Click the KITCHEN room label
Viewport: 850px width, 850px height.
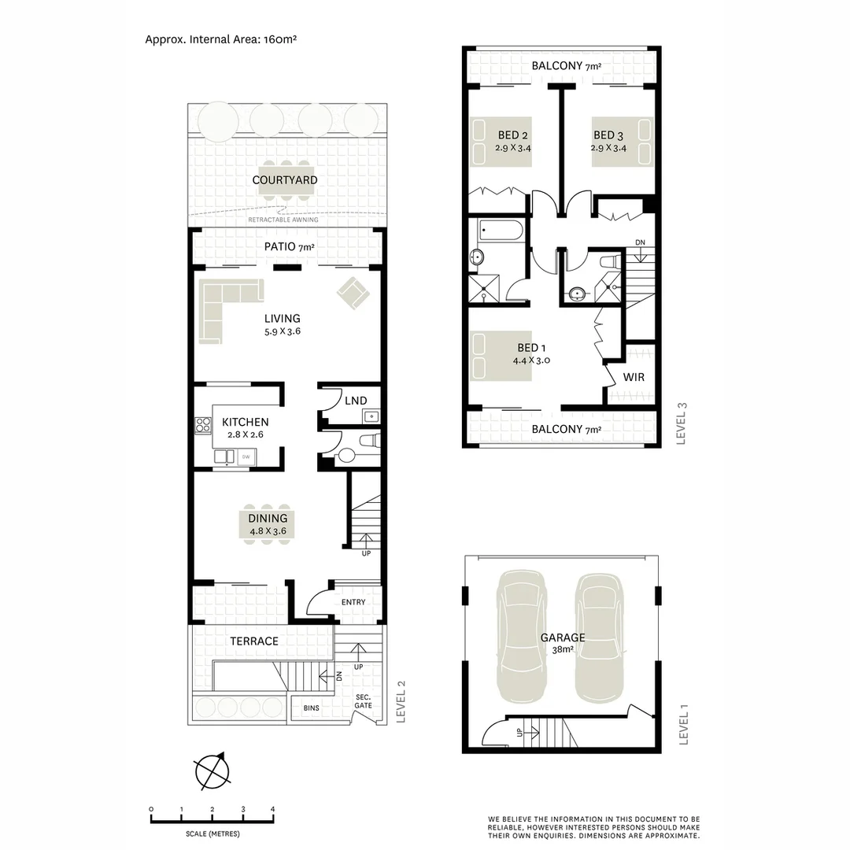[x=245, y=423]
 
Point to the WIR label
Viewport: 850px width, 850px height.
[x=634, y=377]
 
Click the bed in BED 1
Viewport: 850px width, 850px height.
[x=501, y=355]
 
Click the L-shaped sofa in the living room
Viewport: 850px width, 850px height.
[x=221, y=307]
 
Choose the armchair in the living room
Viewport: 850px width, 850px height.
[x=353, y=294]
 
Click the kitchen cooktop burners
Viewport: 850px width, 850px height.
[x=203, y=426]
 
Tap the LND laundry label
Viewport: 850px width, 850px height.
[x=356, y=401]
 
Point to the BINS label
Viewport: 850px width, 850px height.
[x=312, y=708]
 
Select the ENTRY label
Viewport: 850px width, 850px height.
[x=353, y=602]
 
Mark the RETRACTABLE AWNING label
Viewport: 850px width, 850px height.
[x=283, y=220]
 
